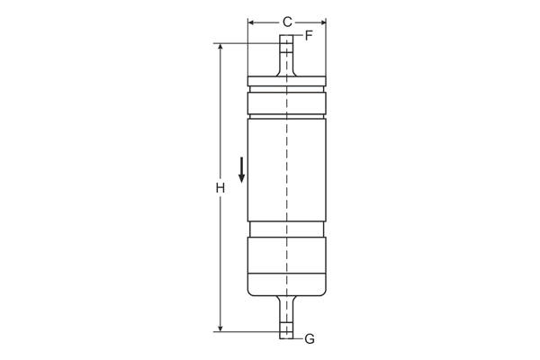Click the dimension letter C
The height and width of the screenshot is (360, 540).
(x=287, y=22)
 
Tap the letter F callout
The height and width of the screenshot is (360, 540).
(x=309, y=36)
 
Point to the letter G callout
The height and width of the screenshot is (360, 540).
(x=310, y=338)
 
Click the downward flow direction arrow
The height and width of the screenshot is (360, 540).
(x=241, y=169)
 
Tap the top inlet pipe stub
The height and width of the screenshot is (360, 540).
(x=286, y=54)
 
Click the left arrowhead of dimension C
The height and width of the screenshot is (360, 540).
(x=252, y=22)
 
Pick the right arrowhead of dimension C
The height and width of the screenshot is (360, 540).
(x=321, y=22)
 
